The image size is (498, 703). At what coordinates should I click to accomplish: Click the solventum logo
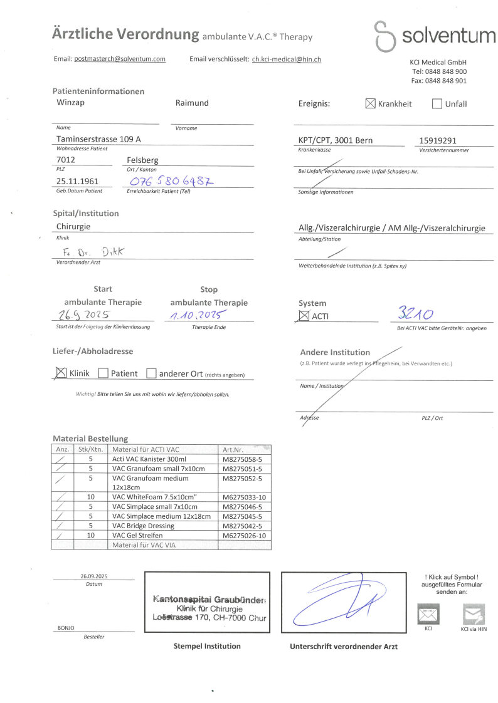434,35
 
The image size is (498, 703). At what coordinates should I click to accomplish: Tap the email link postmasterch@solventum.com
120,59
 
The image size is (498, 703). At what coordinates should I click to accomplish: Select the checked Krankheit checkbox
370,104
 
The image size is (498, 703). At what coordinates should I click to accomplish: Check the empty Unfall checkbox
437,104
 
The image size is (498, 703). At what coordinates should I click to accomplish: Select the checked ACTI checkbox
304,316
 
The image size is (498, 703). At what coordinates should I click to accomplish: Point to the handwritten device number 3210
419,312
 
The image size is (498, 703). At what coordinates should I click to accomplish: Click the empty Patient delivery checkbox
104,373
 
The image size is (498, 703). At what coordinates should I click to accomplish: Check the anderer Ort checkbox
151,373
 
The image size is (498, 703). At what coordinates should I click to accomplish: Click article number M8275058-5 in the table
243,459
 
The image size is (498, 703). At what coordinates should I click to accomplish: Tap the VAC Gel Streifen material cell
137,535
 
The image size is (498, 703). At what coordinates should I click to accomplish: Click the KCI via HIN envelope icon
473,613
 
